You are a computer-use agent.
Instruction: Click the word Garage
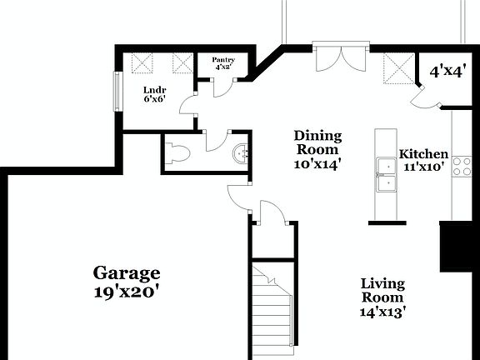[x=126, y=272]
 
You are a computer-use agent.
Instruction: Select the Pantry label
[x=223, y=60]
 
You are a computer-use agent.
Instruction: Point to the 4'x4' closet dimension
[x=446, y=72]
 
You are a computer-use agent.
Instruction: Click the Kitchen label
[x=423, y=154]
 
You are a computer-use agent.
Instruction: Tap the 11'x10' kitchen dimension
[x=423, y=167]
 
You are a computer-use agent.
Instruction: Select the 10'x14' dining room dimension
[x=317, y=164]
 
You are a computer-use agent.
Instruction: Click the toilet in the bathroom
[x=177, y=152]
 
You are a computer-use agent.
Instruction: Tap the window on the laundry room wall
[x=117, y=89]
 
